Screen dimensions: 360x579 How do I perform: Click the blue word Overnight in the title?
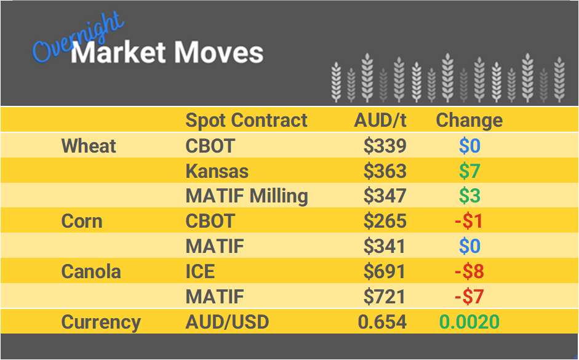pyautogui.click(x=78, y=38)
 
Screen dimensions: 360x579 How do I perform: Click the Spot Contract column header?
pyautogui.click(x=246, y=120)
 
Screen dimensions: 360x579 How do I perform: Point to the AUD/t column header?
pyautogui.click(x=380, y=120)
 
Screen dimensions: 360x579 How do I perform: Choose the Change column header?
pyautogui.click(x=469, y=120)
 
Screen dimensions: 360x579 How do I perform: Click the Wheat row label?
pyautogui.click(x=89, y=146)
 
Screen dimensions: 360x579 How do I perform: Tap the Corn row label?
pyautogui.click(x=82, y=221)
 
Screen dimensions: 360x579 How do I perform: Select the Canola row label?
pyautogui.click(x=91, y=271)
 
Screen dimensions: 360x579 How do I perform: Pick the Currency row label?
pyautogui.click(x=101, y=322)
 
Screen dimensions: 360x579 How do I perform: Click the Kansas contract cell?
pyautogui.click(x=217, y=171)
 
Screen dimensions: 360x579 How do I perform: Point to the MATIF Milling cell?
pyautogui.click(x=247, y=196)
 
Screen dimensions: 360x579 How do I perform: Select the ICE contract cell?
pyautogui.click(x=201, y=271)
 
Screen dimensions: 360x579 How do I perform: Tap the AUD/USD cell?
pyautogui.click(x=227, y=322)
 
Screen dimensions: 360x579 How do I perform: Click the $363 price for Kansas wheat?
pyautogui.click(x=385, y=171)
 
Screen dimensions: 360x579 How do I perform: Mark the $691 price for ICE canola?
pyautogui.click(x=385, y=271)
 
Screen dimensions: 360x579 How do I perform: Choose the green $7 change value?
pyautogui.click(x=469, y=171)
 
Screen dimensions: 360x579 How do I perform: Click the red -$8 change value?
pyautogui.click(x=469, y=271)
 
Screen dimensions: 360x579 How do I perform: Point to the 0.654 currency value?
pyautogui.click(x=381, y=322)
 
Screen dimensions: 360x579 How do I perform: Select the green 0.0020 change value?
pyautogui.click(x=469, y=322)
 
